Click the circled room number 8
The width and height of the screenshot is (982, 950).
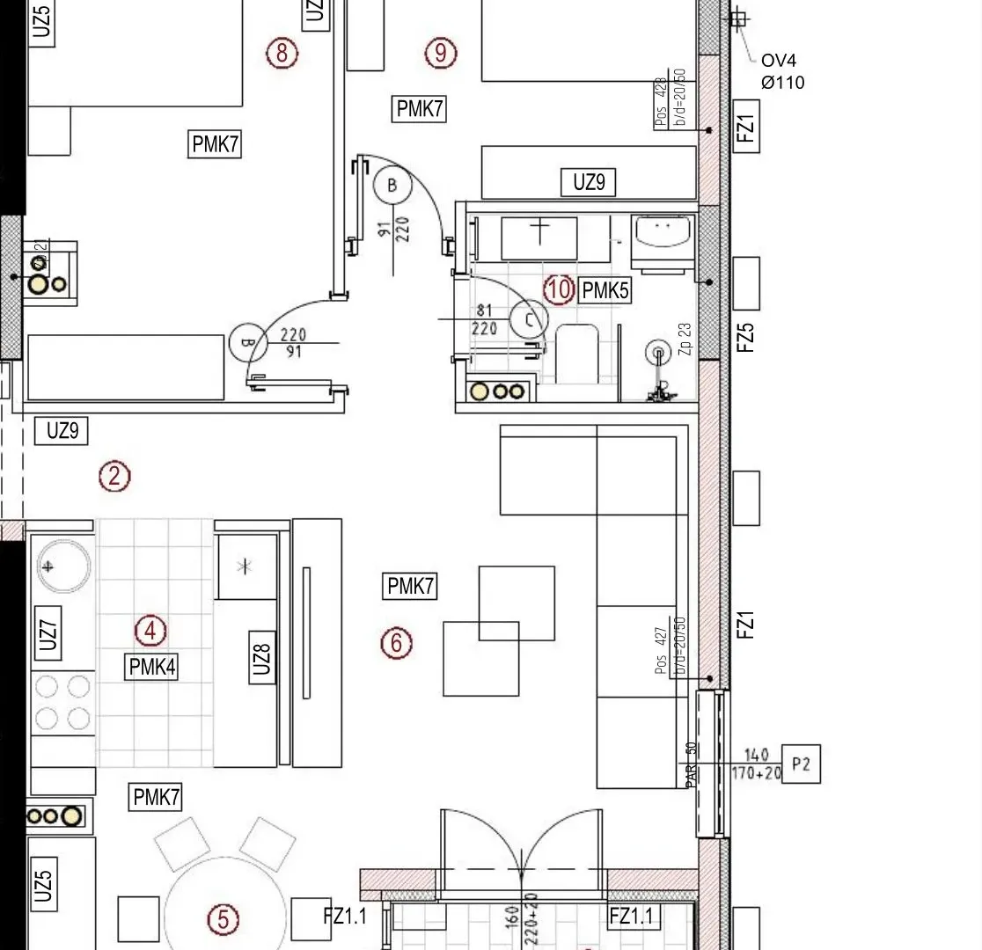pos(282,53)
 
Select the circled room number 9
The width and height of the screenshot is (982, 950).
pos(441,53)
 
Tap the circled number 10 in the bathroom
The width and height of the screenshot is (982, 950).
pos(559,289)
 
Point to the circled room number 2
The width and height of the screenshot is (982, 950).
pos(114,476)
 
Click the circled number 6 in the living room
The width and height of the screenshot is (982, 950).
pos(396,643)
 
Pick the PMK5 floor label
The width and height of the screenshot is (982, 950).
pos(605,290)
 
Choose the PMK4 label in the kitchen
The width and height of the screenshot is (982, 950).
pos(152,667)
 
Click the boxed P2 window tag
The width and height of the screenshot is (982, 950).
pos(800,764)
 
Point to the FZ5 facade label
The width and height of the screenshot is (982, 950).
pos(745,337)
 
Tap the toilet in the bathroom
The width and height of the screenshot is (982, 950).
pos(578,354)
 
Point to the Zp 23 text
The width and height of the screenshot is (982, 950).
pos(685,339)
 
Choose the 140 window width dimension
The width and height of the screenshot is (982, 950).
pos(756,755)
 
